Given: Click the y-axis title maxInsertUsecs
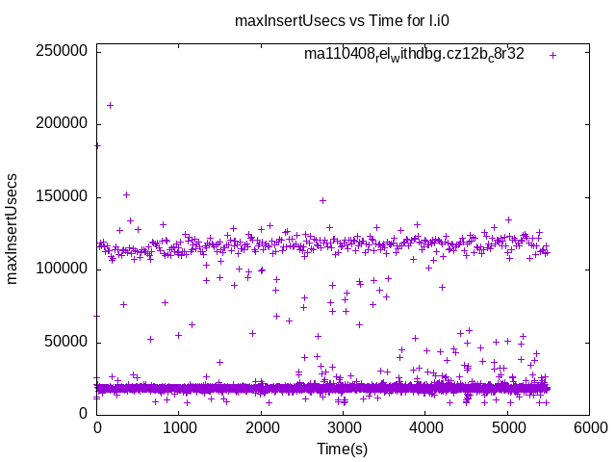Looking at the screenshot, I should point(13,228).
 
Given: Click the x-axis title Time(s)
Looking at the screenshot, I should point(343,449).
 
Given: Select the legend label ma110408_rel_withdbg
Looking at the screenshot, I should point(414,55).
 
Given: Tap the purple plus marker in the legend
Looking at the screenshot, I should point(552,55).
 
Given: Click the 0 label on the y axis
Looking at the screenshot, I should point(84,414).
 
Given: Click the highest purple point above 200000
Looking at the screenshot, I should point(110,105).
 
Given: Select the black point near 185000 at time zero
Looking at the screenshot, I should point(97,145).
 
